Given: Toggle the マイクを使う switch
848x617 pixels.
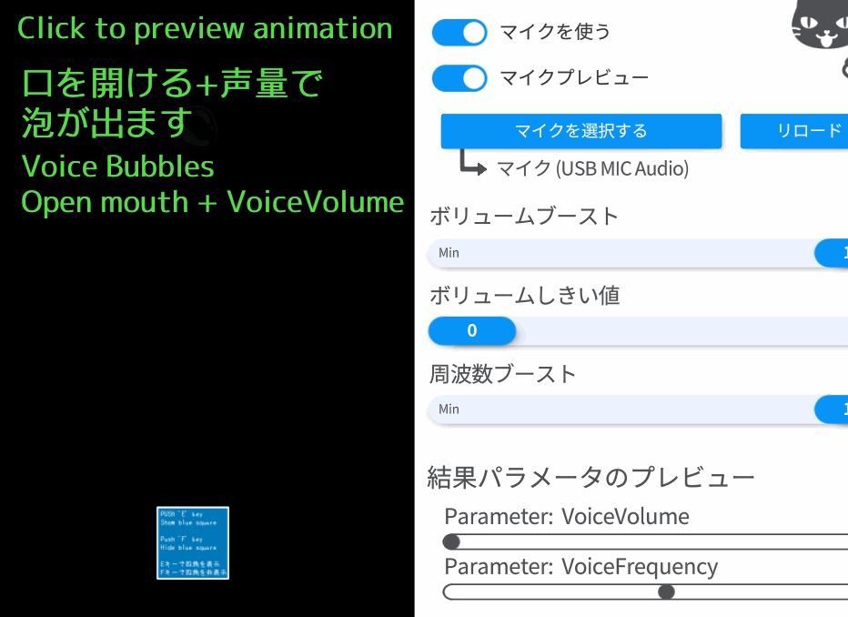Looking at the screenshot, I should pos(459,33).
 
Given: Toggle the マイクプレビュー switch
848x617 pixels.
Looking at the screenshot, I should pos(459,78).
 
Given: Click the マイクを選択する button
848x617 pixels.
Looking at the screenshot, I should pos(580,131).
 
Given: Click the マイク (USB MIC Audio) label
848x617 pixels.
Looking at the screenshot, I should pos(592,168).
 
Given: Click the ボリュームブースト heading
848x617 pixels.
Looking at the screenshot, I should pos(524,217).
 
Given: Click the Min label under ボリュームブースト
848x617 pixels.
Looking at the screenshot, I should pos(449,253).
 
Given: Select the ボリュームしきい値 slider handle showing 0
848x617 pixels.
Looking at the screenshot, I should pos(471,331).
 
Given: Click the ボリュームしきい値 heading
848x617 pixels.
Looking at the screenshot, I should pos(524,296).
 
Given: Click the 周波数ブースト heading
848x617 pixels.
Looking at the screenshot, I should pos(503,374).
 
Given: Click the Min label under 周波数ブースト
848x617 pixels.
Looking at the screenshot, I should pos(449,410).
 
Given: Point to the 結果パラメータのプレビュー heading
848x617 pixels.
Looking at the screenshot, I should pos(591,477).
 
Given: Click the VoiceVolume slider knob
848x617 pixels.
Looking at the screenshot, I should pos(451,542).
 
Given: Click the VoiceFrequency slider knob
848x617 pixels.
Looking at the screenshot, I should pos(666,592).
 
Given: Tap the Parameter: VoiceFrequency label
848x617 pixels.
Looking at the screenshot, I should pos(580,567).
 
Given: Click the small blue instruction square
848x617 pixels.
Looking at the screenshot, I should pos(192,543).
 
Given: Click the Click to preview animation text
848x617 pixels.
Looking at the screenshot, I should pos(205,29).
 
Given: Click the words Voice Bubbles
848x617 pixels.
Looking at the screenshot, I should pos(117,167).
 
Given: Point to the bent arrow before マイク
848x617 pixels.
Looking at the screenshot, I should pos(473,163).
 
